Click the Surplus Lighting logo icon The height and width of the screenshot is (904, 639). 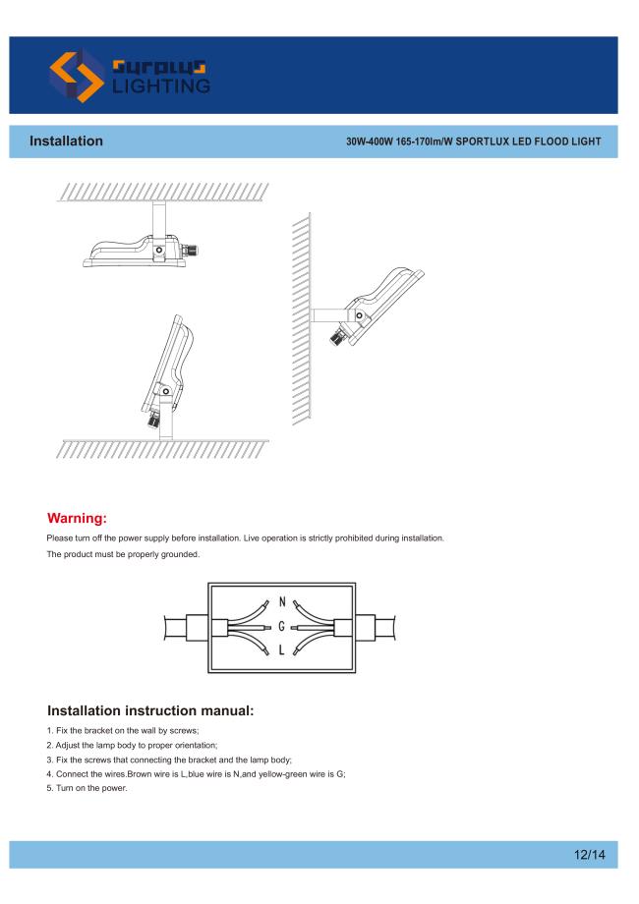coord(77,76)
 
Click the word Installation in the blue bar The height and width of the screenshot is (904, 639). coord(66,141)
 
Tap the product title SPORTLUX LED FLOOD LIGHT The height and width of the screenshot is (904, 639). coord(528,141)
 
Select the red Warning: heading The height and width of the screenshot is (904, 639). coord(77,518)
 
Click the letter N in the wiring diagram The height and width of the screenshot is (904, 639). coord(282,602)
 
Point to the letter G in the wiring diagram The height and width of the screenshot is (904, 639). coord(282,626)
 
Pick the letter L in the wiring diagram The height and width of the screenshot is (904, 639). coord(281,650)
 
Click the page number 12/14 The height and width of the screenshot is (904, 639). coord(590,855)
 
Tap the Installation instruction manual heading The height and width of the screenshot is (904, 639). coord(150,710)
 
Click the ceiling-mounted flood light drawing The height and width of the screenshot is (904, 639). coord(142,239)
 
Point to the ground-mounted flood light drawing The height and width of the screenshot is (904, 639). coord(166,377)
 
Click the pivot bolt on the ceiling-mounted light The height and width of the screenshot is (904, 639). coord(158,251)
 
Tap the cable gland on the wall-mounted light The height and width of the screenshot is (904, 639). coord(338,335)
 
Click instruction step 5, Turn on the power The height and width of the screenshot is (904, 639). coord(87,788)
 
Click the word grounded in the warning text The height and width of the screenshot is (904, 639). coord(180,554)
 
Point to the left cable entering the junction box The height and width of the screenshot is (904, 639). coord(186,627)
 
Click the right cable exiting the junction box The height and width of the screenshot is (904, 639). coord(376,627)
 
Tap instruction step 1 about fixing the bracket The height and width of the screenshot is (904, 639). coord(123,730)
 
